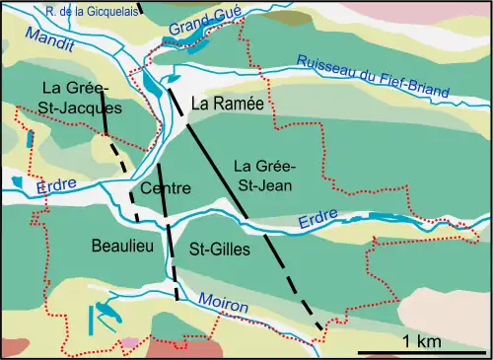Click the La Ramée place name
tap(218, 102)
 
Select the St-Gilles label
tap(219, 251)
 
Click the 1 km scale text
tap(421, 340)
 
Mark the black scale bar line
tap(422, 351)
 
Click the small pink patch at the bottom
tap(130, 342)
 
